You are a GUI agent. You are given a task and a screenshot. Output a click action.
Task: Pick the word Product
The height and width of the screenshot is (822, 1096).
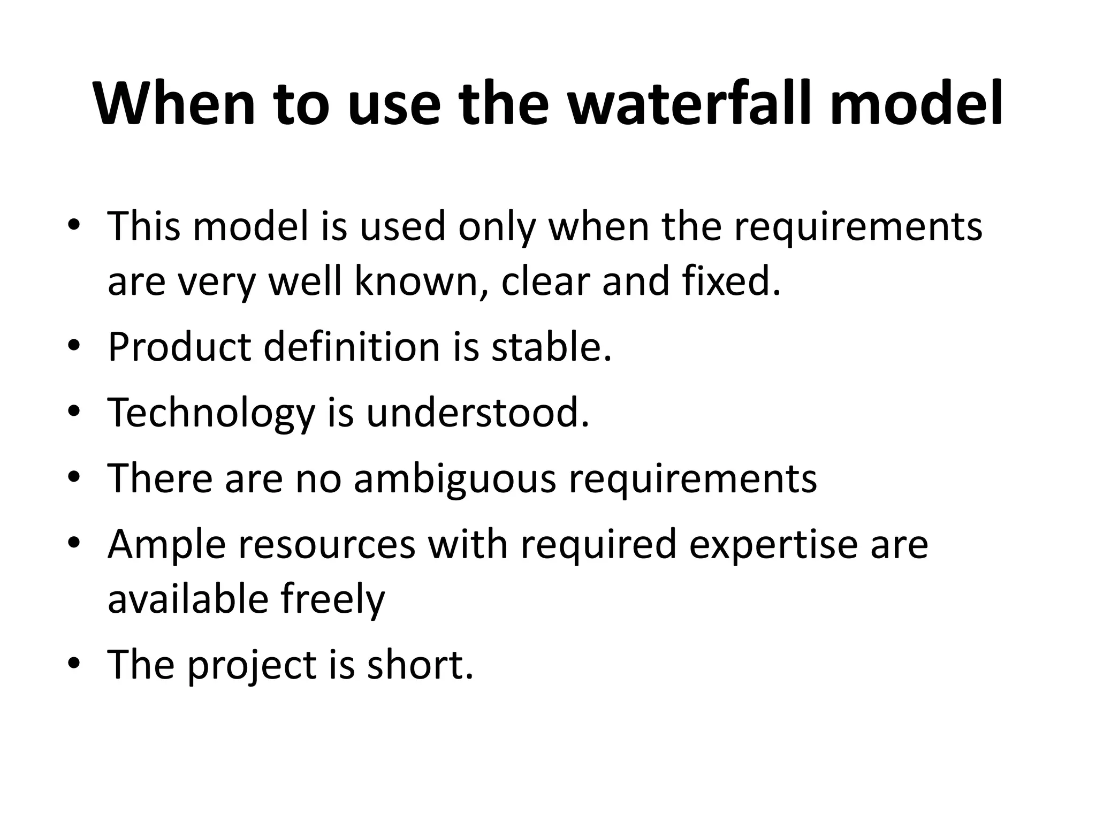[x=179, y=348]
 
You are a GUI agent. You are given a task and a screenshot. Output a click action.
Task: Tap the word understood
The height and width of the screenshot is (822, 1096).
[x=477, y=413]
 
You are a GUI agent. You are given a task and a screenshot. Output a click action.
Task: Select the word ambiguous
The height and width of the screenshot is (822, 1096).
[x=455, y=478]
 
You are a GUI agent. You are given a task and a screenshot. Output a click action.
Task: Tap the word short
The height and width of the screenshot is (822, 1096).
[x=420, y=665]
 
